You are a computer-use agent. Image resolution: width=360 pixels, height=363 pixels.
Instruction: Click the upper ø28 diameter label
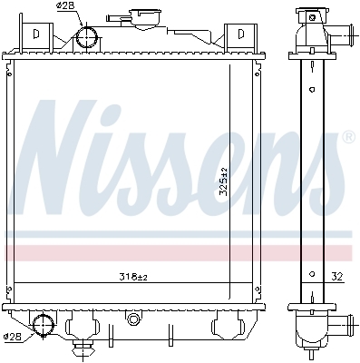click(x=65, y=5)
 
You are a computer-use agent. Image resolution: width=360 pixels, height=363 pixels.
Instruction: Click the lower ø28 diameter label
click(x=12, y=337)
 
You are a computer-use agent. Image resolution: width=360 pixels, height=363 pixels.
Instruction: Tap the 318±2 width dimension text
click(x=133, y=277)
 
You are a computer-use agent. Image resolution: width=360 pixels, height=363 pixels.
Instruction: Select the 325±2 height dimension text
click(x=224, y=181)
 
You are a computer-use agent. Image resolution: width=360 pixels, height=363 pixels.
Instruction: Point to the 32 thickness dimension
click(x=336, y=277)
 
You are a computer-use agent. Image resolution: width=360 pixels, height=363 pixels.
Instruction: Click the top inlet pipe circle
click(x=87, y=37)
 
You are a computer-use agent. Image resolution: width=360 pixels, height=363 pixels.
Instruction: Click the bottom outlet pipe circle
click(x=43, y=325)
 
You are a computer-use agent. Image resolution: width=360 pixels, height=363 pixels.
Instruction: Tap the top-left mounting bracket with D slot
click(x=36, y=34)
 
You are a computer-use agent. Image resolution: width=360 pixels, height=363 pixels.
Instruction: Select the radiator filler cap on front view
click(x=145, y=18)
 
